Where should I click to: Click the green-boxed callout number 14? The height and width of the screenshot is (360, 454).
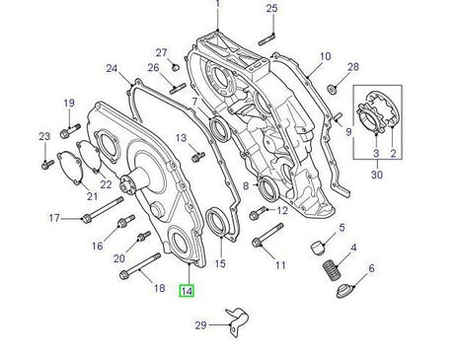(187, 290)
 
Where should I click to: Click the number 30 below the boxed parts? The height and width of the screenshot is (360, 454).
(375, 174)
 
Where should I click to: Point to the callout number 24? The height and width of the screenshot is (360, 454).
(112, 69)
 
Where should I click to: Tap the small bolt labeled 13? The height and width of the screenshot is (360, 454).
(198, 156)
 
